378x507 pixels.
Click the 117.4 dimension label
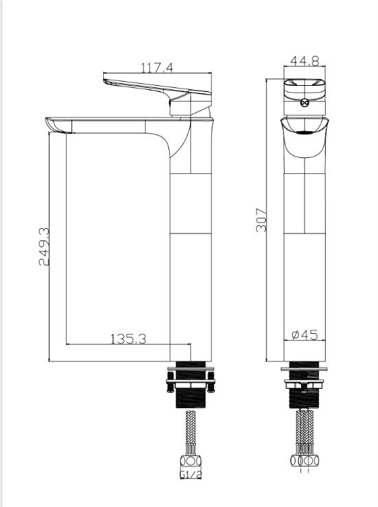[157, 67]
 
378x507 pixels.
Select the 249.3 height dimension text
[44, 247]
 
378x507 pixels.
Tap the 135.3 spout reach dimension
[129, 339]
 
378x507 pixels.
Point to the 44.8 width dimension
[304, 60]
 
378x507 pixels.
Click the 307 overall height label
[261, 220]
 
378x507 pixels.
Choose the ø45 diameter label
[304, 335]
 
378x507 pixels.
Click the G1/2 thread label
[191, 474]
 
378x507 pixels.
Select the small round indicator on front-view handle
[304, 103]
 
